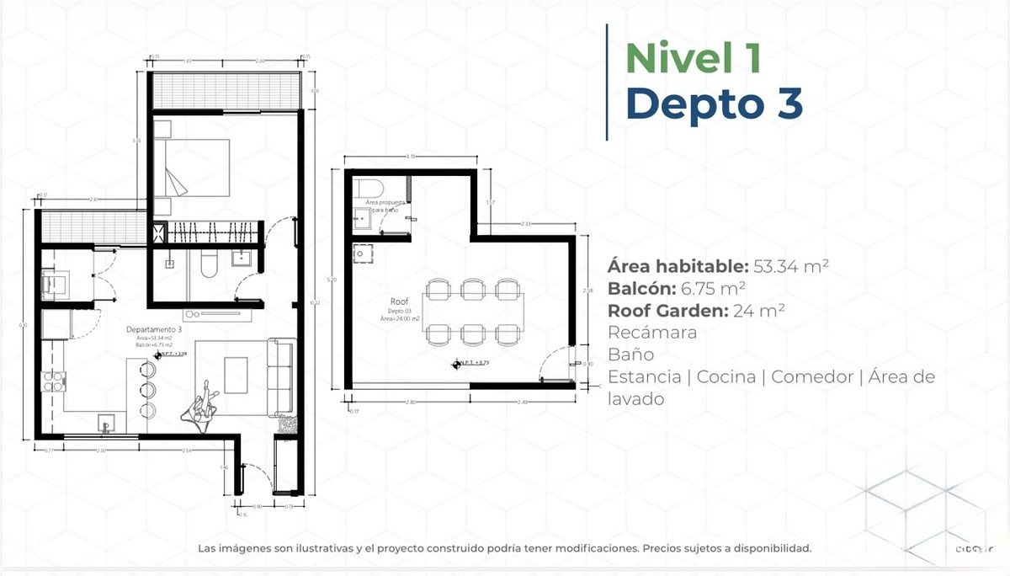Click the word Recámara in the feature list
tap(652, 333)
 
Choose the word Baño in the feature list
tap(630, 355)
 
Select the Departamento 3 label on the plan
tap(152, 329)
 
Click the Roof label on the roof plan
tap(399, 301)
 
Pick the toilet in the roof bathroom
tap(369, 186)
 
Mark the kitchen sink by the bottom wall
tap(106, 420)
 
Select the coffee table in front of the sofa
tap(236, 376)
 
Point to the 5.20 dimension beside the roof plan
tap(335, 279)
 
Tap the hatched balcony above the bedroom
tap(225, 88)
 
